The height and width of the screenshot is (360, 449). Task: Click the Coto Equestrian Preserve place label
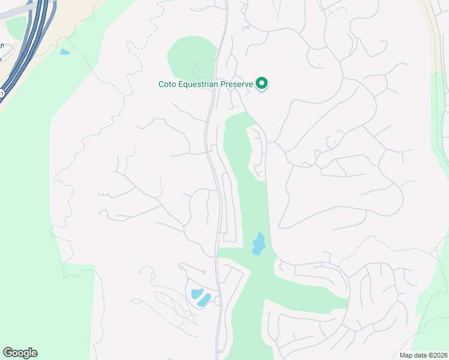click(x=206, y=84)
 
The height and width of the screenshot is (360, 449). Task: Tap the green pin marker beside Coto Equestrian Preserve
click(x=262, y=83)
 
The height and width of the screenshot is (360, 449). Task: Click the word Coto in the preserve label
click(x=167, y=85)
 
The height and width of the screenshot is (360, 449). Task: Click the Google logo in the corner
click(x=20, y=353)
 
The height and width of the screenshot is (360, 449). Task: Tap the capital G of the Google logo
click(x=8, y=352)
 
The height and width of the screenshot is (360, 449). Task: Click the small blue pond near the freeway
click(x=64, y=52)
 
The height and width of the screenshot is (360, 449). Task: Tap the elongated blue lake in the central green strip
click(x=259, y=244)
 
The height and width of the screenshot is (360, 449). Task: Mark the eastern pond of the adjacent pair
click(x=205, y=299)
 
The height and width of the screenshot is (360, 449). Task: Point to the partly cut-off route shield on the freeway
click(x=2, y=94)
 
